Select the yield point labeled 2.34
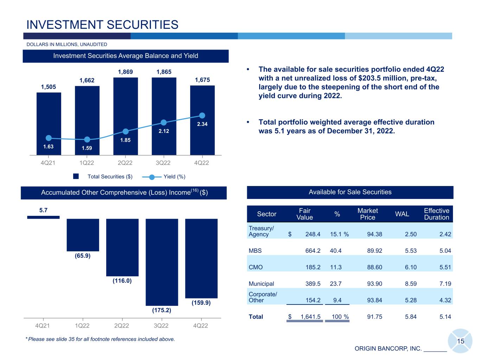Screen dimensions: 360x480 click(202, 115)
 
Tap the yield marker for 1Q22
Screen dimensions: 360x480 click(87, 140)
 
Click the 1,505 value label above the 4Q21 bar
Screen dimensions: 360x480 click(49, 87)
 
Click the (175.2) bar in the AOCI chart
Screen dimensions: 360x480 click(162, 262)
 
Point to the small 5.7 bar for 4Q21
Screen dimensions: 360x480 click(43, 217)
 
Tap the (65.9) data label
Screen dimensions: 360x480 click(83, 256)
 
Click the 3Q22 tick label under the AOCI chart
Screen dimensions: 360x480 click(161, 326)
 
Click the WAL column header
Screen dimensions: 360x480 click(402, 214)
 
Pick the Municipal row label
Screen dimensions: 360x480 click(261, 284)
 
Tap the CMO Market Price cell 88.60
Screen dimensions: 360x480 click(375, 267)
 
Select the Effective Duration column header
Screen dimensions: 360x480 click(436, 214)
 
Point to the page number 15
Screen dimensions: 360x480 click(460, 341)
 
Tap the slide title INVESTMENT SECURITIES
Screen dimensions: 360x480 click(102, 25)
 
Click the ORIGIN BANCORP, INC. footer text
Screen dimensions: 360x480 click(388, 349)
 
